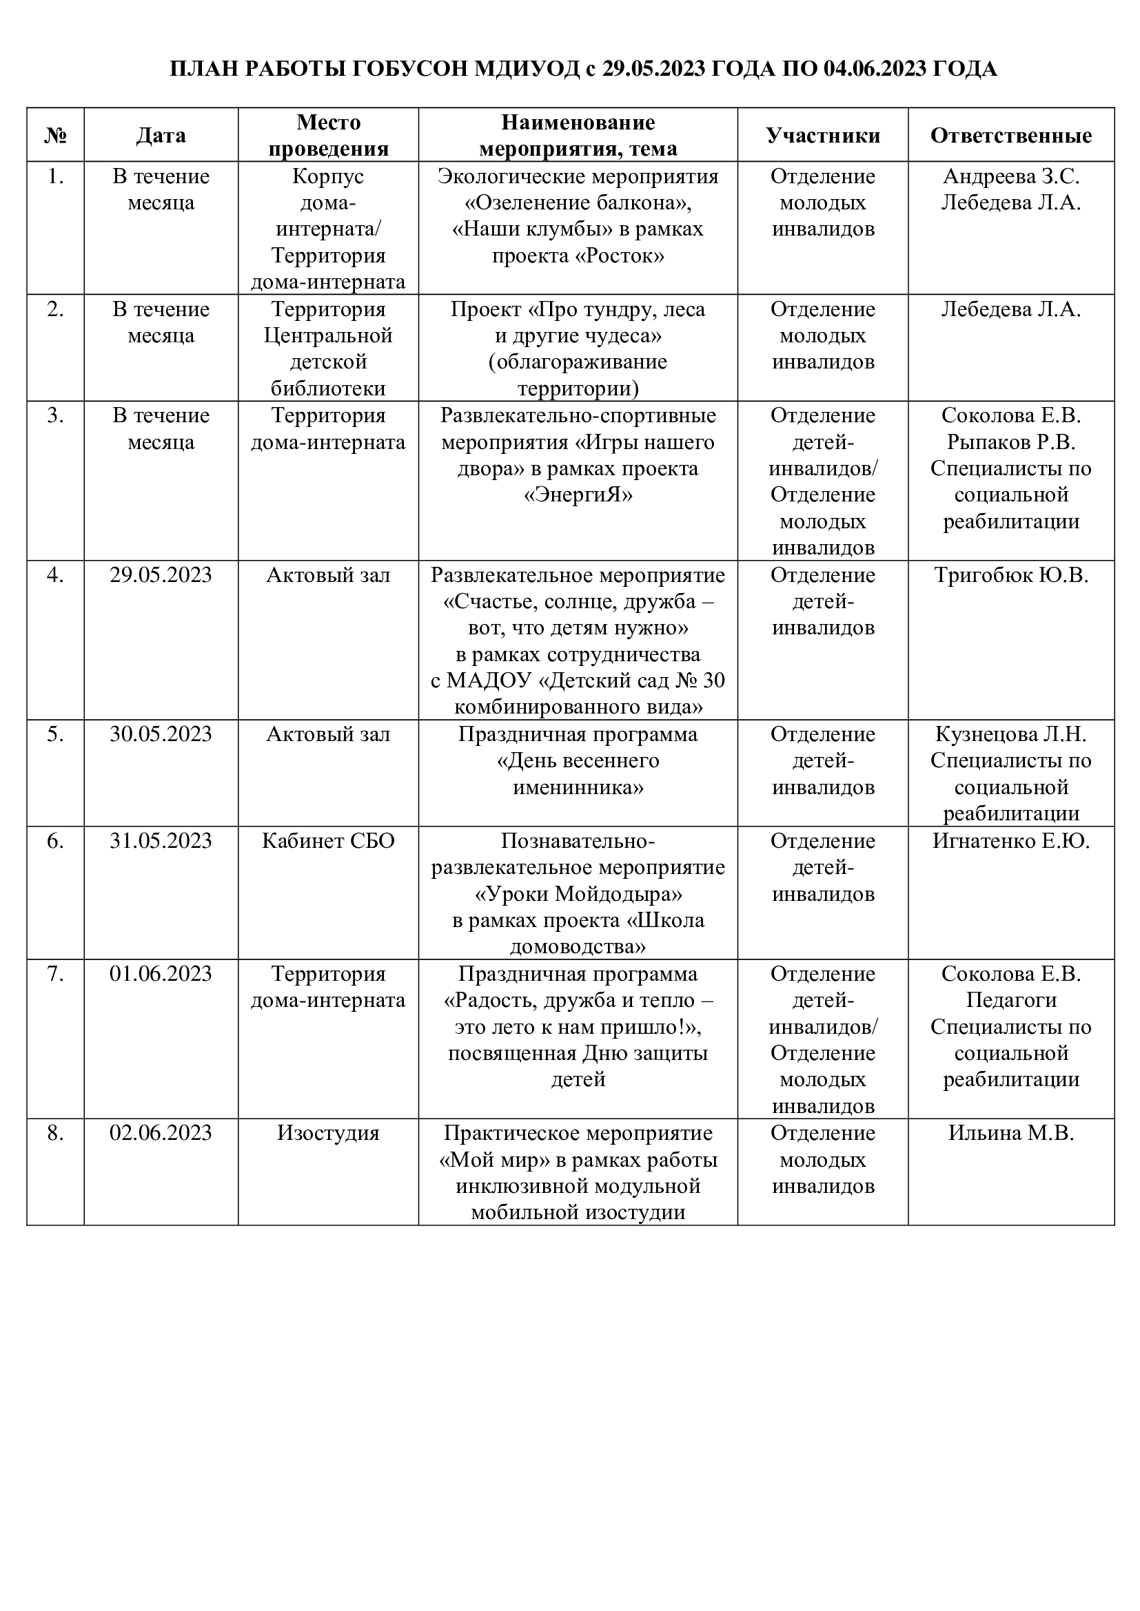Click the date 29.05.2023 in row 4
(161, 575)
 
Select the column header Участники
(823, 136)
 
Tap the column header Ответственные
(1011, 136)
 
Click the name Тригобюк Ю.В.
(1011, 575)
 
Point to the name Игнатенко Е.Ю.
(1011, 840)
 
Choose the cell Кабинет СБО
(329, 840)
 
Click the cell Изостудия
(329, 1133)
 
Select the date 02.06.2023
(161, 1133)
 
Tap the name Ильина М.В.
(1011, 1133)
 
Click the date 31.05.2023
(161, 840)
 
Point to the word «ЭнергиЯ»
(578, 495)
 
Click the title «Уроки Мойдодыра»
(578, 895)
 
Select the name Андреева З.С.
(1011, 176)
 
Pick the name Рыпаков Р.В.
(1011, 442)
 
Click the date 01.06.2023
(161, 974)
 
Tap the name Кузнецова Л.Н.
(1011, 735)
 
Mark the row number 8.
(55, 1133)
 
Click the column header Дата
(161, 136)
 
